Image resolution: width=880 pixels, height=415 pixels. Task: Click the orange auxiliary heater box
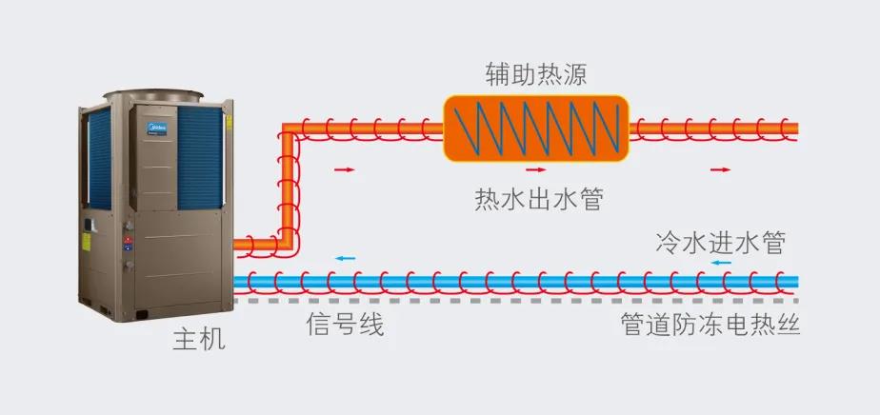(535, 127)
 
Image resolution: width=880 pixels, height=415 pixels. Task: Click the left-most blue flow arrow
(344, 259)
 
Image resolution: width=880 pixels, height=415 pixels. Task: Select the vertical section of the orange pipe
(286, 186)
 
